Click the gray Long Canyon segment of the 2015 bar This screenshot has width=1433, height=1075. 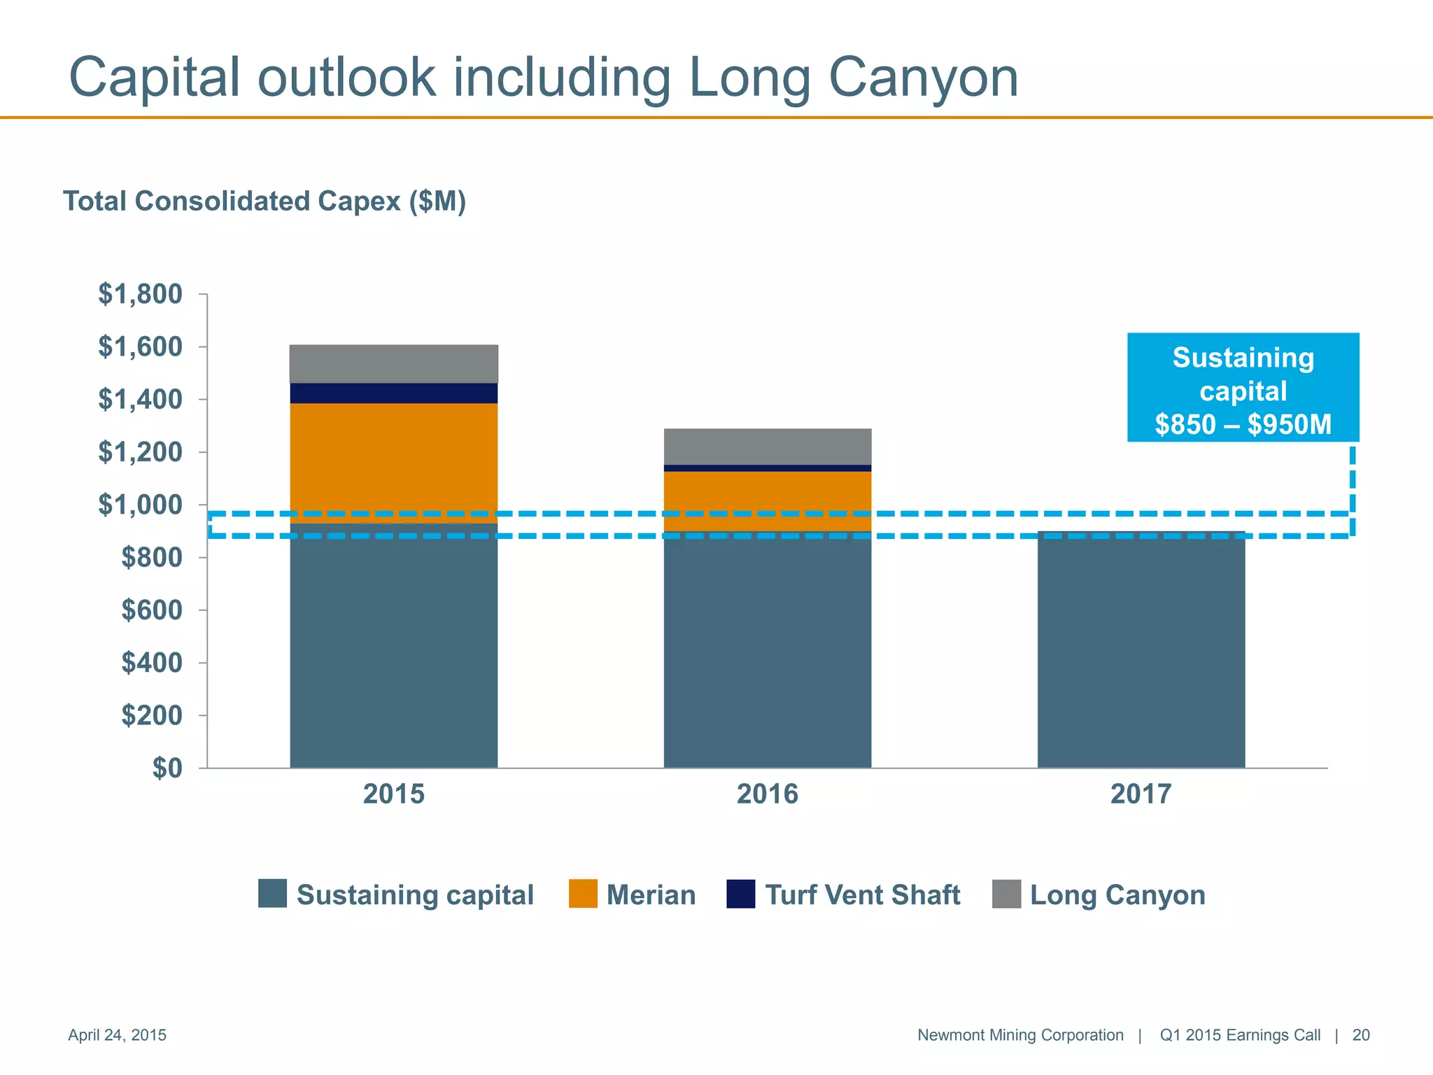point(393,363)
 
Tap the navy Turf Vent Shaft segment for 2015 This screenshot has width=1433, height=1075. point(393,393)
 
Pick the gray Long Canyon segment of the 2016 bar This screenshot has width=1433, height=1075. point(767,447)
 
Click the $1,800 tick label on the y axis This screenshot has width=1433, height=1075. point(140,294)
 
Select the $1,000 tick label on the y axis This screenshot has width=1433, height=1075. point(140,505)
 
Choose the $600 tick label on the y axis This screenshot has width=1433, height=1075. point(151,610)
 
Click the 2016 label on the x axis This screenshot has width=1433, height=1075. point(767,794)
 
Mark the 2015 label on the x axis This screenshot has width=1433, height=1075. point(393,794)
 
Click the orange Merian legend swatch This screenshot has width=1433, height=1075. point(583,894)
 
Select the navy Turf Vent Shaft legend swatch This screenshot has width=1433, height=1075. point(740,894)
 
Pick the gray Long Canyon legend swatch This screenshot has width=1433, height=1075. point(1006,894)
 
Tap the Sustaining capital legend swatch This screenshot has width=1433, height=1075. point(272,894)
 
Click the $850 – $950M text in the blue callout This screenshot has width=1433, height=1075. point(1243,424)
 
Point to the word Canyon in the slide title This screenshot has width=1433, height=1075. point(924,77)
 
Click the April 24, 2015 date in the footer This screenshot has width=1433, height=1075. point(117,1035)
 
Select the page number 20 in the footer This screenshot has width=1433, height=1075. point(1360,1035)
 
